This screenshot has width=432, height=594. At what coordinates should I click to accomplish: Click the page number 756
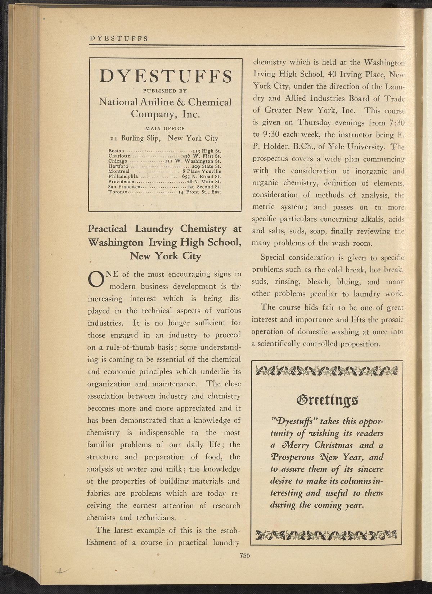[244, 555]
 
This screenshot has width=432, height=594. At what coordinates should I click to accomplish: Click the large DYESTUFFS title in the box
[165, 77]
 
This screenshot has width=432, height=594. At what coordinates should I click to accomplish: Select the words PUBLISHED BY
[165, 91]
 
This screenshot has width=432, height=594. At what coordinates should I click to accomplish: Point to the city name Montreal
[119, 172]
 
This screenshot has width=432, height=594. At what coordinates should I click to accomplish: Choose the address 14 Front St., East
[200, 192]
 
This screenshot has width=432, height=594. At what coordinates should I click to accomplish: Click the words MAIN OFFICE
[165, 128]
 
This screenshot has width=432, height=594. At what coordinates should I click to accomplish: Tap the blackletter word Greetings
[327, 399]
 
